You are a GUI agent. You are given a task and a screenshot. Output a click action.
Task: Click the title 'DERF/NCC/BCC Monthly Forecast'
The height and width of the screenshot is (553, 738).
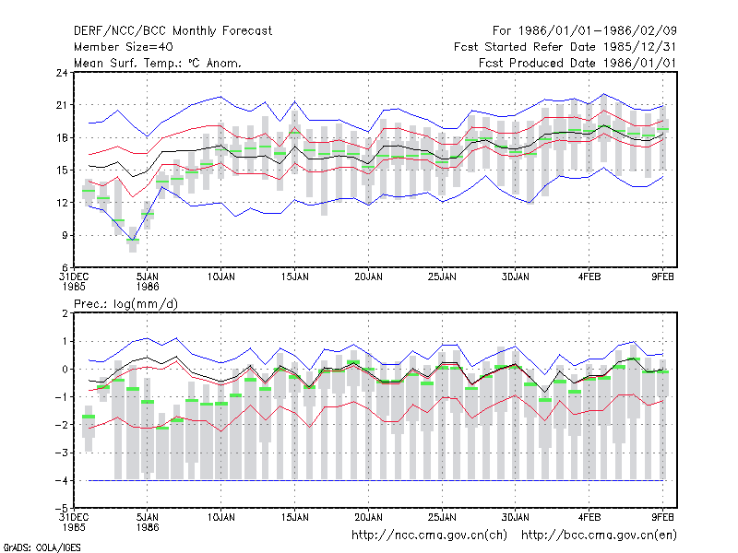(173, 31)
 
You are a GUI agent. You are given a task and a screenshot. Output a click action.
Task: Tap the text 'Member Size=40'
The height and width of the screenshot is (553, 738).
(124, 47)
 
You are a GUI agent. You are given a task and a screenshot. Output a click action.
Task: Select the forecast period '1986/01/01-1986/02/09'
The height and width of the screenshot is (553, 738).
(597, 31)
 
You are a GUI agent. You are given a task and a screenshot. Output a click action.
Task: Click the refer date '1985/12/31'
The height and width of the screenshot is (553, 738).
(639, 47)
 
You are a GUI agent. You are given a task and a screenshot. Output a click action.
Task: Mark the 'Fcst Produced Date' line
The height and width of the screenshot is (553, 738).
(577, 63)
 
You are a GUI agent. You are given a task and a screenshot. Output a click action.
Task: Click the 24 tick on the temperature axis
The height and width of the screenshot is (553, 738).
(62, 73)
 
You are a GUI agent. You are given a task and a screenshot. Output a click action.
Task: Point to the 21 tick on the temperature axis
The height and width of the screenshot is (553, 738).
(62, 105)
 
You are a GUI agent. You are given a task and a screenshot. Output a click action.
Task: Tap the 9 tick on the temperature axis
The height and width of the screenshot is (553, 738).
(65, 235)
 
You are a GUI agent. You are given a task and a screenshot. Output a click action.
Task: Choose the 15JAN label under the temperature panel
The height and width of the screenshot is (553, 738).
(294, 277)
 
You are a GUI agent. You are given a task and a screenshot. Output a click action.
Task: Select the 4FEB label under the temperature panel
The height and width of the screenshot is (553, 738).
(589, 277)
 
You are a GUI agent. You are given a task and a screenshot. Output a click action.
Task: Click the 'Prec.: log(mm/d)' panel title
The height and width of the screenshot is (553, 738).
(125, 304)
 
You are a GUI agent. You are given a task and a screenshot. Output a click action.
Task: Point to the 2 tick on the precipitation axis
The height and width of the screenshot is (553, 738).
(65, 313)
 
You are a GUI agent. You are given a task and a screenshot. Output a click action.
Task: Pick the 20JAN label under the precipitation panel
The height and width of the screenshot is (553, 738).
(368, 518)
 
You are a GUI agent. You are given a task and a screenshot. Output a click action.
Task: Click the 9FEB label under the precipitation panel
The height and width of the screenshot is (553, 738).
(662, 518)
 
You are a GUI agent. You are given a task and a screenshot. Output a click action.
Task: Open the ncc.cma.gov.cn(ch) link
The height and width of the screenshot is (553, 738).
(429, 535)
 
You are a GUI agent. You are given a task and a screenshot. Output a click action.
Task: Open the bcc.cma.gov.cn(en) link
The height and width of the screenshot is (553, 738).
(599, 535)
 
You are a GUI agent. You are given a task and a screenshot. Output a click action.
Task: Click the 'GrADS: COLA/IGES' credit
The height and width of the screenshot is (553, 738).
(42, 547)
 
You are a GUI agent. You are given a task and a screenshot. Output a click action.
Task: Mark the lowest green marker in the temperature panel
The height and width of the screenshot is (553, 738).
(133, 241)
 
